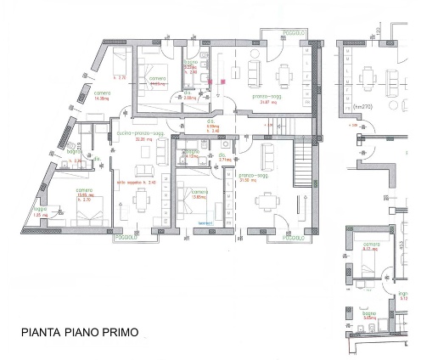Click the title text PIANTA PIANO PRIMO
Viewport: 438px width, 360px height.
(x=81, y=332)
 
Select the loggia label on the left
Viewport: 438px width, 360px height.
(x=38, y=209)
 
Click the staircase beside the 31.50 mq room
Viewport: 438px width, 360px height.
(x=304, y=163)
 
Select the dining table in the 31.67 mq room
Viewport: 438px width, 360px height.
(x=284, y=75)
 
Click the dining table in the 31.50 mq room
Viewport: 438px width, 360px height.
(x=268, y=201)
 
